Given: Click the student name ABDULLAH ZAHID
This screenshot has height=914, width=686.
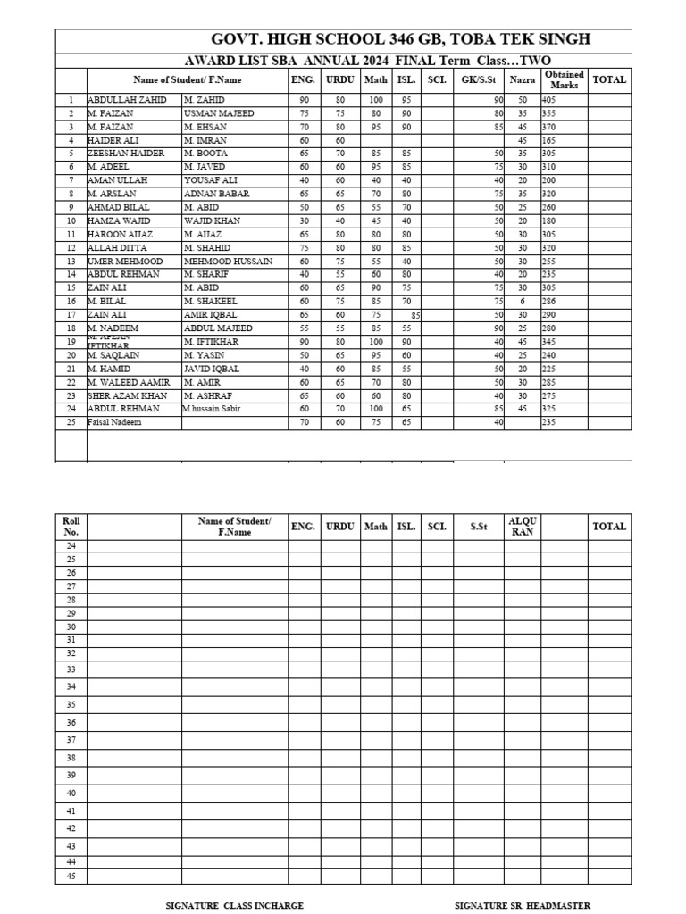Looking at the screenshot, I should pyautogui.click(x=127, y=100).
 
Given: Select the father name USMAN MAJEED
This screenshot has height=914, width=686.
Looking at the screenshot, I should pyautogui.click(x=219, y=113).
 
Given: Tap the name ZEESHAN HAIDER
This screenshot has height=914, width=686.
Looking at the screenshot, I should pyautogui.click(x=126, y=154).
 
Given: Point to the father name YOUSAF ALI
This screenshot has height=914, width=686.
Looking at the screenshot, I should pyautogui.click(x=211, y=180).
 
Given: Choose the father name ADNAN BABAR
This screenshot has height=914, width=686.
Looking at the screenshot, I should pyautogui.click(x=216, y=194).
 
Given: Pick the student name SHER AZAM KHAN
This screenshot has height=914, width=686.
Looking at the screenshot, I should pyautogui.click(x=128, y=395).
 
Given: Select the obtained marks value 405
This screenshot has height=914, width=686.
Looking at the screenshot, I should pyautogui.click(x=548, y=100).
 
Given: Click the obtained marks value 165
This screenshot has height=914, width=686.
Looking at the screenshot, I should pyautogui.click(x=548, y=140).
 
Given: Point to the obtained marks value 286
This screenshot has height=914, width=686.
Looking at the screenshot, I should pyautogui.click(x=548, y=302).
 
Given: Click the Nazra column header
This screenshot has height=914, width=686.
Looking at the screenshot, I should pyautogui.click(x=523, y=80).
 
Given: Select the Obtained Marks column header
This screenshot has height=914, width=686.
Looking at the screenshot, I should pyautogui.click(x=565, y=80).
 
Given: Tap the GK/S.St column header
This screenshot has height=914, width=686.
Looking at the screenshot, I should pyautogui.click(x=478, y=80).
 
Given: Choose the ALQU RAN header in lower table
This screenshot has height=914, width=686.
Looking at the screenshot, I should pyautogui.click(x=523, y=527).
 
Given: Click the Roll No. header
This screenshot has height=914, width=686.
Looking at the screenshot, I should pyautogui.click(x=71, y=527).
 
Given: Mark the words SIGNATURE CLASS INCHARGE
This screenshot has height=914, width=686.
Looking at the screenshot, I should pyautogui.click(x=235, y=905).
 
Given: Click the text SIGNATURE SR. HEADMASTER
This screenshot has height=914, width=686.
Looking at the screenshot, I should pyautogui.click(x=522, y=905).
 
